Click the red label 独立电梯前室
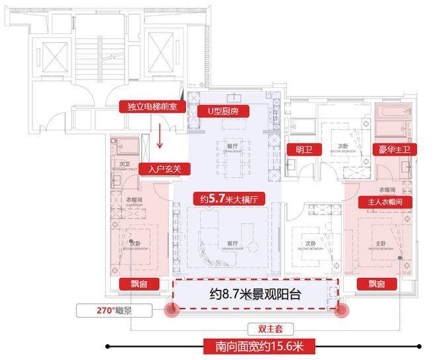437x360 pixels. coord(151,107)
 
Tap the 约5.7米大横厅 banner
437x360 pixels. coord(228,198)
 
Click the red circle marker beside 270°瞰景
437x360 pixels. coord(173,310)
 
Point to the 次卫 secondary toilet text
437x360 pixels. coord(124,164)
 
